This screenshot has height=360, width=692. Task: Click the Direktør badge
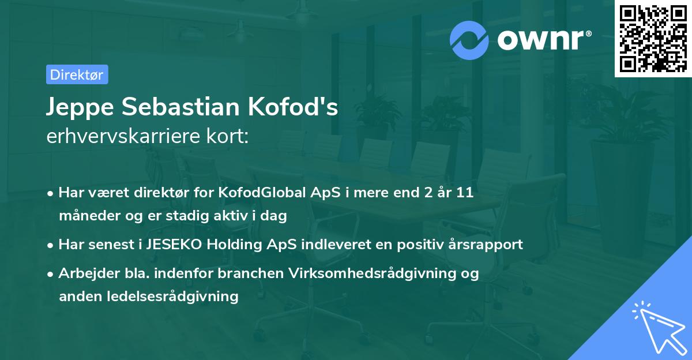pyautogui.click(x=77, y=74)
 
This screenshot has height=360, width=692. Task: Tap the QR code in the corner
pyautogui.click(x=653, y=39)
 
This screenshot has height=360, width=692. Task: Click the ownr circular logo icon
pyautogui.click(x=470, y=40)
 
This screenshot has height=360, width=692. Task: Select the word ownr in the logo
pyautogui.click(x=543, y=40)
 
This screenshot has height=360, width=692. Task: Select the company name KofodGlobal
pyautogui.click(x=254, y=193)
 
